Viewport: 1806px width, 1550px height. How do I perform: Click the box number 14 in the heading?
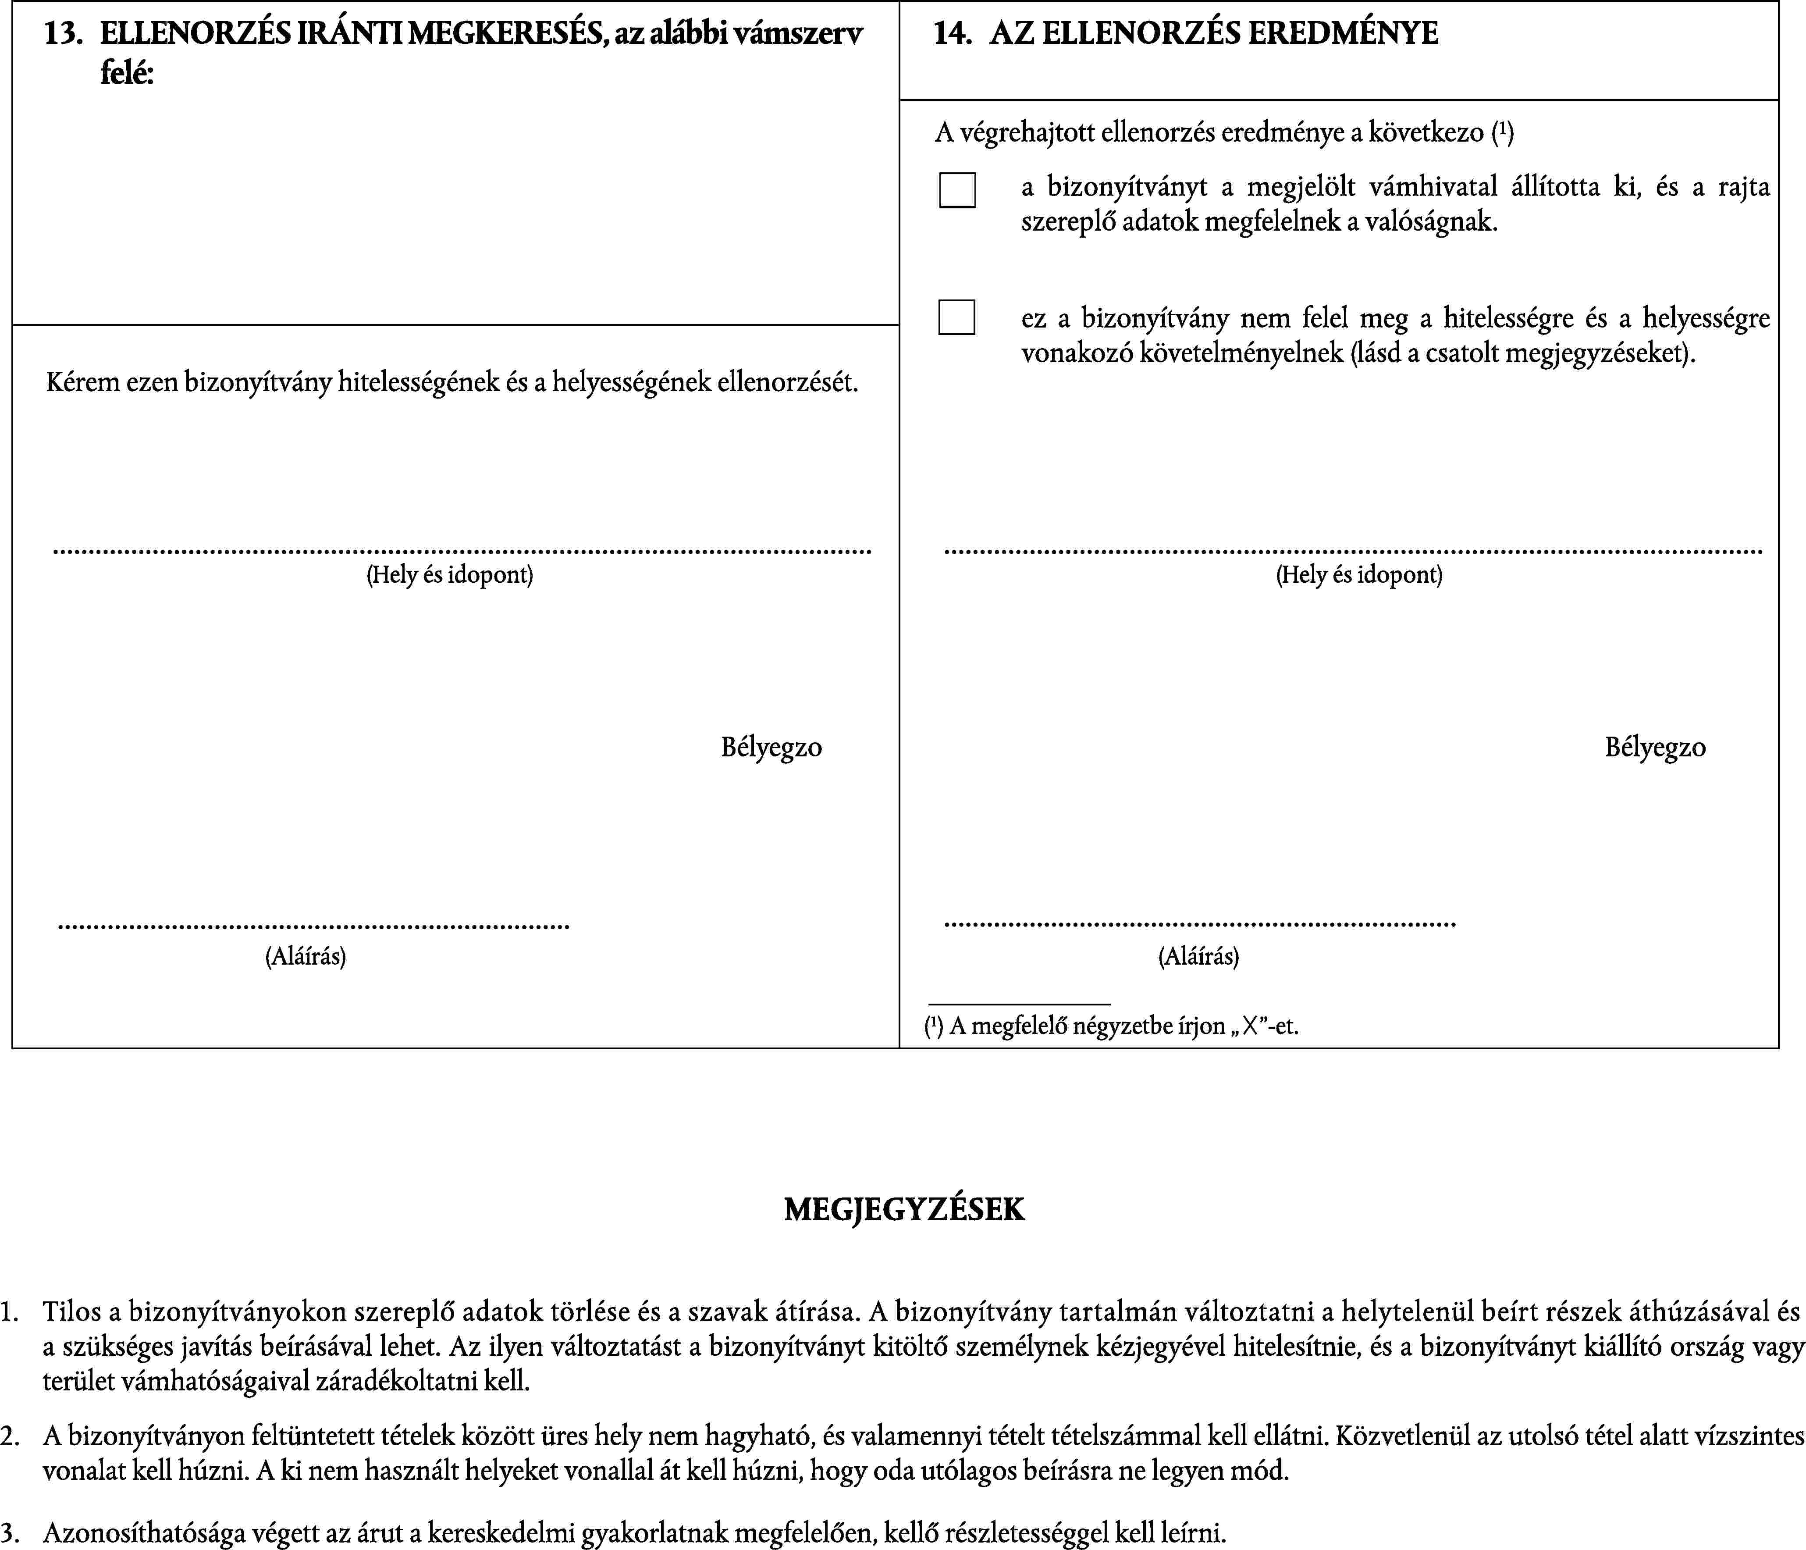[952, 34]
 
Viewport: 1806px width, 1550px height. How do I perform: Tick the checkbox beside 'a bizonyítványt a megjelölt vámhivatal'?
[957, 190]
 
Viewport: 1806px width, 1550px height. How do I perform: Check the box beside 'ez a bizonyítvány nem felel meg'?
[956, 317]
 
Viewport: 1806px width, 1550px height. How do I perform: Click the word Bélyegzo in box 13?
[771, 747]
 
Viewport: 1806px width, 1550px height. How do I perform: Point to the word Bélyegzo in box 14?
[1655, 747]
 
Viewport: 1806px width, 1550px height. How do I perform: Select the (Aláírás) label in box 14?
[1198, 956]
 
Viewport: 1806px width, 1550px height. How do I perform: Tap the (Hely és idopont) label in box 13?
[450, 574]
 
